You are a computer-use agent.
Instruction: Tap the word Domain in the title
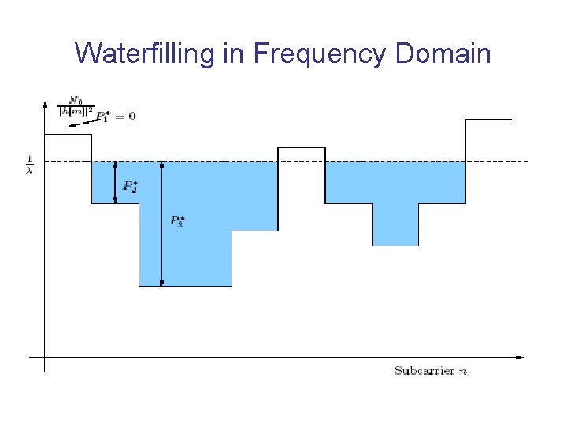tap(444, 54)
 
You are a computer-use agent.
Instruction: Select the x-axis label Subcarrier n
tap(430, 370)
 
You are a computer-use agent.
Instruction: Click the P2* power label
tap(130, 187)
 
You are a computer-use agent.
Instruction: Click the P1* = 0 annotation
tap(115, 116)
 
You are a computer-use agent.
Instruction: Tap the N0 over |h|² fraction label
tap(76, 106)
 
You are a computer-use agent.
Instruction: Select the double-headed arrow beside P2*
tap(116, 183)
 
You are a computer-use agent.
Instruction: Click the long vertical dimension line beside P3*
tap(162, 224)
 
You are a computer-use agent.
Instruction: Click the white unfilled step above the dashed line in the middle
tap(301, 154)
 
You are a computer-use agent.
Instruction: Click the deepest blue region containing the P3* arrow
tap(185, 252)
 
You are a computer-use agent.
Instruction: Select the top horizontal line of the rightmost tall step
tap(489, 120)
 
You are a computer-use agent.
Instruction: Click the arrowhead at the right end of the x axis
tap(520, 357)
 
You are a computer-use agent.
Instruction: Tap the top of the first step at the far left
tap(68, 135)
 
